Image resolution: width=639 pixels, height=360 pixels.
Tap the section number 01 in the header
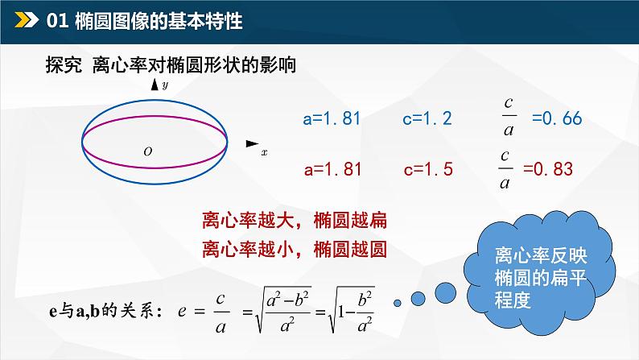pyautogui.click(x=60, y=21)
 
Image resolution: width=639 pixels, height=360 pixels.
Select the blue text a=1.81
pyautogui.click(x=332, y=118)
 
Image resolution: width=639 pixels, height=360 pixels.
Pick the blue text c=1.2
pyautogui.click(x=427, y=118)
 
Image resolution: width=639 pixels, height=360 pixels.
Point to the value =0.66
pyautogui.click(x=556, y=118)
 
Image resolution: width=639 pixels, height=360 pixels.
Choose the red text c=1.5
pyautogui.click(x=428, y=169)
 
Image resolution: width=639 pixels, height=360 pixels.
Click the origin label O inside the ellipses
pyautogui.click(x=147, y=151)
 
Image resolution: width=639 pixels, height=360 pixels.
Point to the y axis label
pyautogui.click(x=164, y=84)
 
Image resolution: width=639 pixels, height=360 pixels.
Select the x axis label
pyautogui.click(x=264, y=151)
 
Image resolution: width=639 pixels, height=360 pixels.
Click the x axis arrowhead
pyautogui.click(x=251, y=143)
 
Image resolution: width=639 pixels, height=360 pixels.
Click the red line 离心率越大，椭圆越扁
pyautogui.click(x=294, y=218)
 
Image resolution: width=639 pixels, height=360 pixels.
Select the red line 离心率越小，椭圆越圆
pyautogui.click(x=294, y=248)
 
